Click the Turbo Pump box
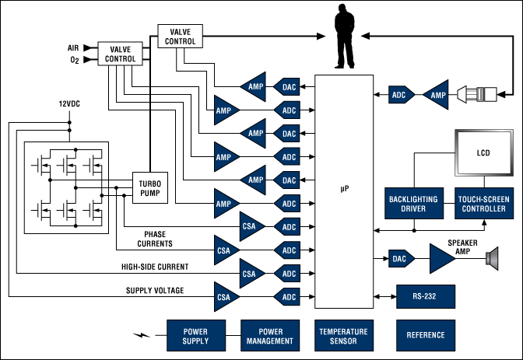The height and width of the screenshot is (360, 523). pos(150,187)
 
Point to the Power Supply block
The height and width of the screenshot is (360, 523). pos(194,334)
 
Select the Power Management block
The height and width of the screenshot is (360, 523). pos(269,334)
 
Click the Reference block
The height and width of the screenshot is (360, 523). pos(425,334)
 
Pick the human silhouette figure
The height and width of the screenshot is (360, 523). pos(344,37)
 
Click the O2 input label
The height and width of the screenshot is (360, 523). pos(74,60)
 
